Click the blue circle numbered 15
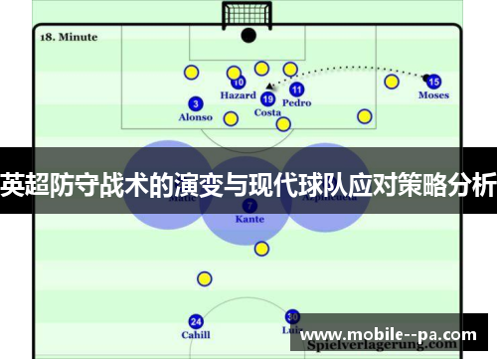433,82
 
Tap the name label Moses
433,96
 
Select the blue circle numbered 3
196,103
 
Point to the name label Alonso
196,117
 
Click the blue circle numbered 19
267,98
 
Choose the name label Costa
267,112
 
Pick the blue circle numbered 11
296,90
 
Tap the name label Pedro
296,102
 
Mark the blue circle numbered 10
239,83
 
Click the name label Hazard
239,96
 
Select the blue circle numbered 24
196,321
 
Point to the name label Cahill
196,335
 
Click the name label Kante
249,219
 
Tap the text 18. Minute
69,37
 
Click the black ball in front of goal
248,35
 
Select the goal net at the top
248,14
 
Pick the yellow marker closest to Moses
392,82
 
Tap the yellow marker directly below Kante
261,249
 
